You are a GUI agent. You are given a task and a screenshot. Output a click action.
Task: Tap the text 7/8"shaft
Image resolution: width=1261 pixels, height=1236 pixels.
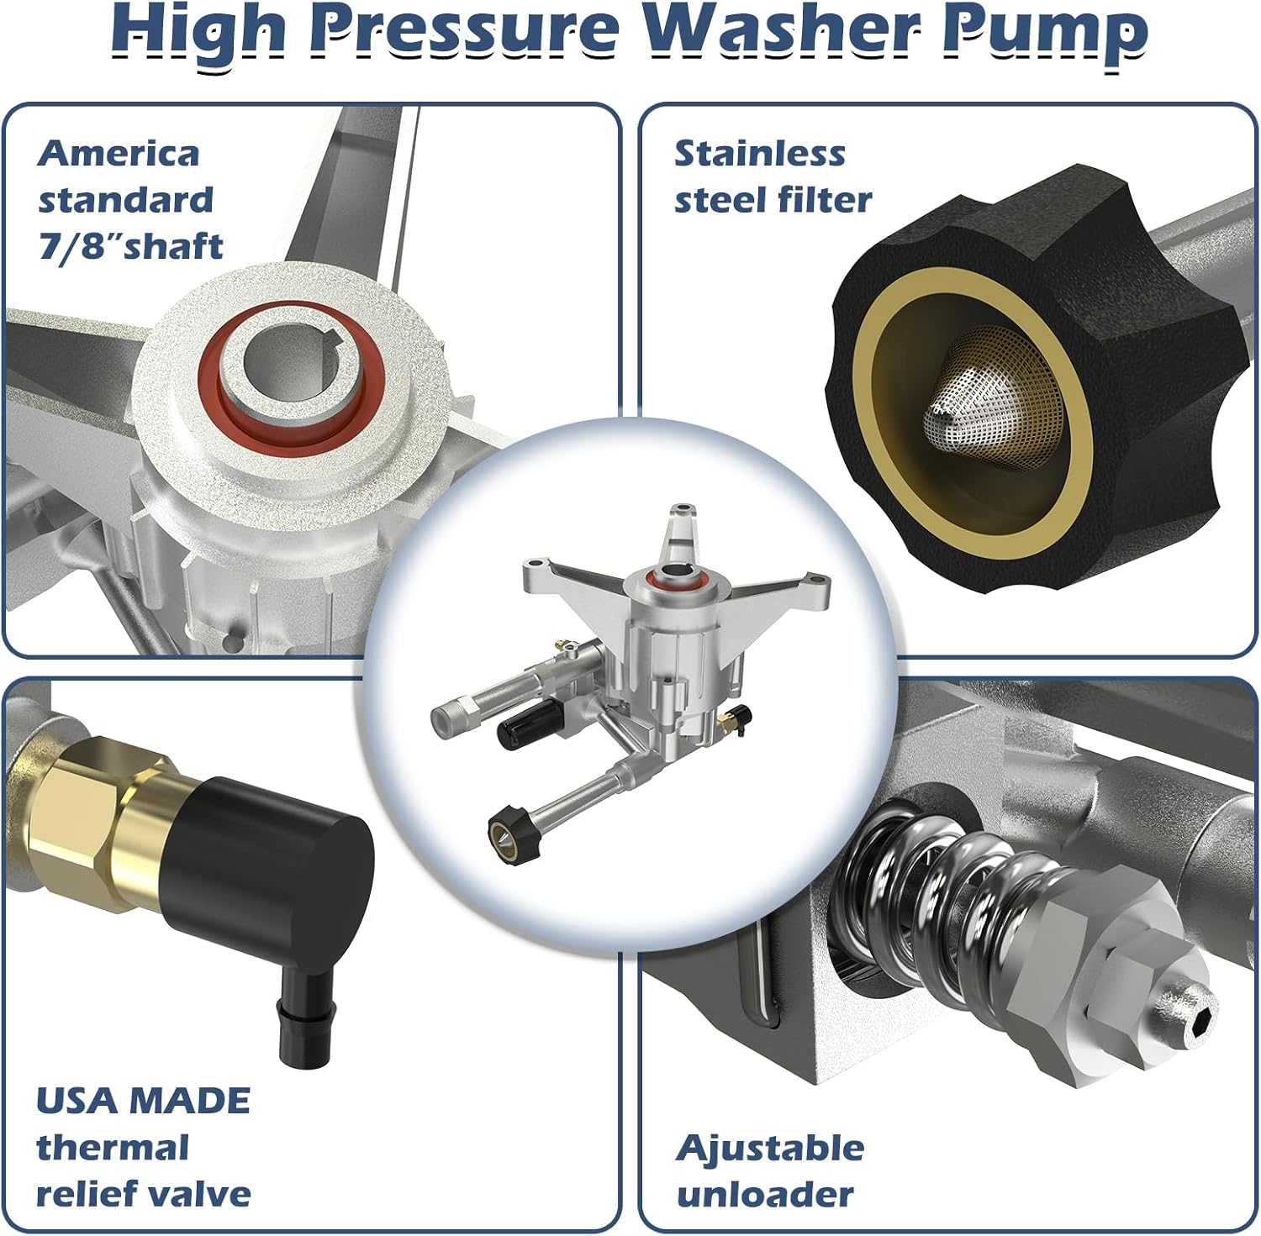[130, 246]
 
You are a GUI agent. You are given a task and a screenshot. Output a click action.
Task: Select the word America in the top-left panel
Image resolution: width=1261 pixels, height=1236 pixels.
[119, 154]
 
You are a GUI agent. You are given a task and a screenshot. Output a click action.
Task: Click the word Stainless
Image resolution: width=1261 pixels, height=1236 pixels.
[759, 154]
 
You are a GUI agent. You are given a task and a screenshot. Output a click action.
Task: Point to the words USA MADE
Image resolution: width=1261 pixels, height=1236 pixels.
[143, 1101]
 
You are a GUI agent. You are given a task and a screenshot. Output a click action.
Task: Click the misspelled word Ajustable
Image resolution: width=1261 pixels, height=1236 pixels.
[769, 1148]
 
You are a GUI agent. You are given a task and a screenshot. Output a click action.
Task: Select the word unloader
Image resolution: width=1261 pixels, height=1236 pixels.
[764, 1195]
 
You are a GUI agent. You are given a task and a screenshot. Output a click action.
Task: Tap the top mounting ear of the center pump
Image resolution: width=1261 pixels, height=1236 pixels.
[681, 525]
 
